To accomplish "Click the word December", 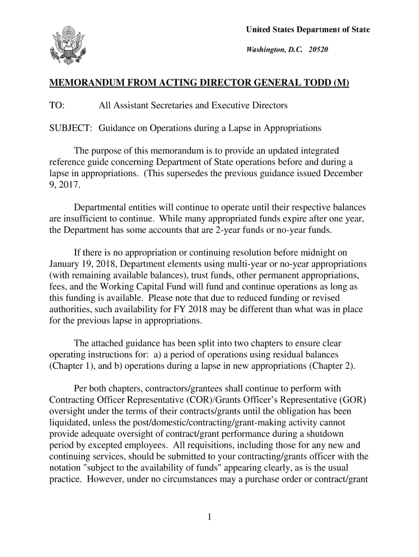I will [342, 174].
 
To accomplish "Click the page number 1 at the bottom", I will [209, 517].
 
